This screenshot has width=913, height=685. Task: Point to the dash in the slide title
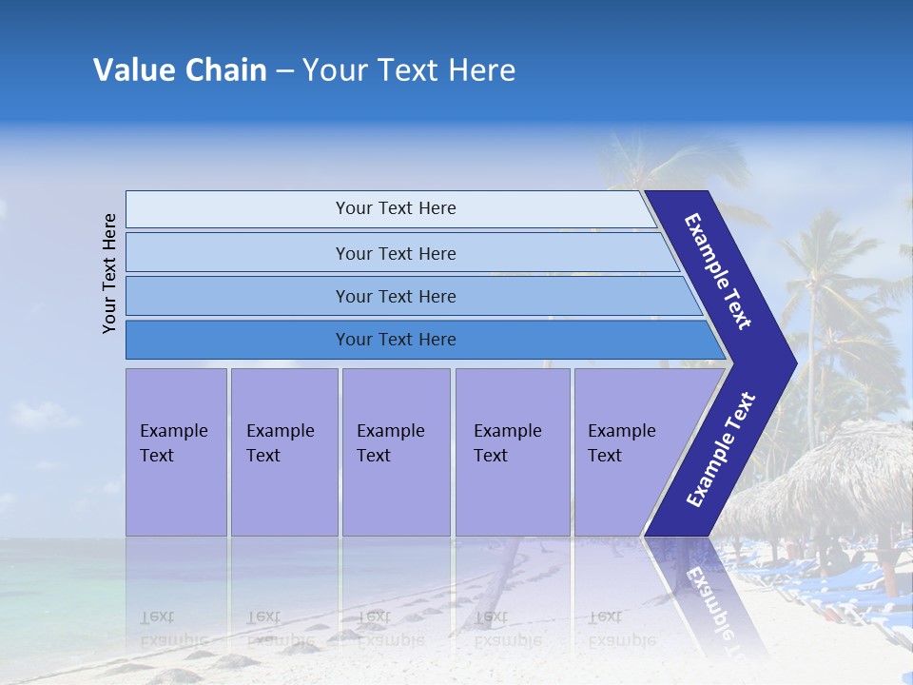click(x=284, y=71)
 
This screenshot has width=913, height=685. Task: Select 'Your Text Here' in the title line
click(x=409, y=70)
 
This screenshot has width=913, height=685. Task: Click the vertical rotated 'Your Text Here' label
click(x=109, y=274)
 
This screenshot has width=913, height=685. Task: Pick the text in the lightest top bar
click(x=396, y=208)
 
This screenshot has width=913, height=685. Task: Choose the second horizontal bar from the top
click(x=396, y=253)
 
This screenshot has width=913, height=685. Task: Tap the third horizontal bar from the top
click(x=396, y=296)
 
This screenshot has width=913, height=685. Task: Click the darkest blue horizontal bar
click(x=396, y=340)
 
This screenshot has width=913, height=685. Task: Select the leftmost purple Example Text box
click(x=176, y=452)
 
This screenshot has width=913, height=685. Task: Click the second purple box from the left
click(x=283, y=452)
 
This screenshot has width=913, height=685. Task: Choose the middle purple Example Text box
click(x=396, y=452)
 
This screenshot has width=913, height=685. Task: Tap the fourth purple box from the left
click(x=512, y=452)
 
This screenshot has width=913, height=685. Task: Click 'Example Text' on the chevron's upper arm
click(x=718, y=271)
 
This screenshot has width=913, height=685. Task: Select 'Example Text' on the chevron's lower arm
click(x=720, y=450)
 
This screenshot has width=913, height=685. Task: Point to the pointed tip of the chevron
click(x=791, y=362)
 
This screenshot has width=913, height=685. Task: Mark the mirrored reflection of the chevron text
click(x=709, y=599)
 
